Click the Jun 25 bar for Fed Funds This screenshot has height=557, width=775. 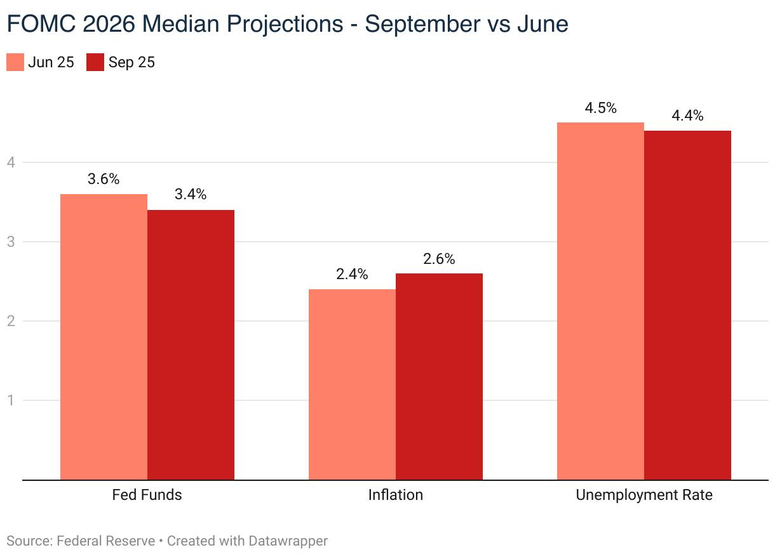click(x=104, y=337)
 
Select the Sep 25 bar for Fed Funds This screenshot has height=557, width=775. click(x=191, y=345)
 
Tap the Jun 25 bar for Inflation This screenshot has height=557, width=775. click(x=352, y=384)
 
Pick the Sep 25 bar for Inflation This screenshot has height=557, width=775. click(x=439, y=377)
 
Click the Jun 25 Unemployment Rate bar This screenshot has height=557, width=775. click(x=601, y=301)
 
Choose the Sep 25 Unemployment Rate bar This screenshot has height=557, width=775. click(x=687, y=305)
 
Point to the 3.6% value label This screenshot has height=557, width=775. click(x=104, y=179)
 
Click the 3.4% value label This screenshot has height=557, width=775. click(x=191, y=194)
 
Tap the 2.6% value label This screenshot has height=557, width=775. click(x=439, y=259)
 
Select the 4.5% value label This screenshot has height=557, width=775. click(x=601, y=108)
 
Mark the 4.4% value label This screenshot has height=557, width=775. click(x=687, y=115)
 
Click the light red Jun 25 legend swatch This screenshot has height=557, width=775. click(x=15, y=62)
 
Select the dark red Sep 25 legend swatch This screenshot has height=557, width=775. click(x=95, y=62)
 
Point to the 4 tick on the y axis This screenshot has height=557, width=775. click(x=11, y=162)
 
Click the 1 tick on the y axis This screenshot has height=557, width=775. click(x=11, y=400)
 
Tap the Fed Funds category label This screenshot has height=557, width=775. click(x=147, y=495)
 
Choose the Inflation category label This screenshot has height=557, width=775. click(x=396, y=495)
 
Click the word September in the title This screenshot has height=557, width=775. click(x=423, y=24)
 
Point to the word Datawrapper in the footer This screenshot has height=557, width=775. click(x=288, y=541)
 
